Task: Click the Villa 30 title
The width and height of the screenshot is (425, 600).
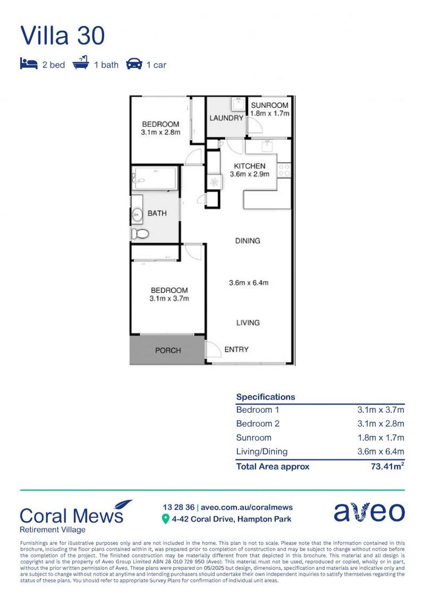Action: (62, 36)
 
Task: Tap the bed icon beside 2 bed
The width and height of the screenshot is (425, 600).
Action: (28, 64)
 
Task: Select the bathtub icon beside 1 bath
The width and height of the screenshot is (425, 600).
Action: (81, 64)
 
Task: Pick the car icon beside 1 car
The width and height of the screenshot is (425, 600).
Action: (134, 64)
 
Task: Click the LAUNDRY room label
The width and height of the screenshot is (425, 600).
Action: (226, 118)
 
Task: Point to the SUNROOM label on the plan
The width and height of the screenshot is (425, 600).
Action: (269, 106)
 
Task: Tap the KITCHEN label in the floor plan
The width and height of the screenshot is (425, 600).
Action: (249, 166)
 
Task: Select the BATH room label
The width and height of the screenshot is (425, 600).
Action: (157, 213)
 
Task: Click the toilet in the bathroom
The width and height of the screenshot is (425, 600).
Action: (140, 234)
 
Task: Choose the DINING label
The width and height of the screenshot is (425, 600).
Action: (248, 241)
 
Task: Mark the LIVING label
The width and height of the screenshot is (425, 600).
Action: (248, 323)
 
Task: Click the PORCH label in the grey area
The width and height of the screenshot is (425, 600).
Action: (168, 351)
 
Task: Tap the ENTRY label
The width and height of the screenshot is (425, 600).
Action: (236, 349)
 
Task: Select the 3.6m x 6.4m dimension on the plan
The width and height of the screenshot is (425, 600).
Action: (249, 283)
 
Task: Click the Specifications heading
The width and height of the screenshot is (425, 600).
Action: (265, 397)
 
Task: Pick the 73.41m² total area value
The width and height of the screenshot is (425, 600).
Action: (387, 467)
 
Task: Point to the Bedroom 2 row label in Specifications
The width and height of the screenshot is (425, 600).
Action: (258, 424)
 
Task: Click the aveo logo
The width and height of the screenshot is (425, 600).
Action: (369, 512)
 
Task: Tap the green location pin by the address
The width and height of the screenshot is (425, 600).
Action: (165, 519)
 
